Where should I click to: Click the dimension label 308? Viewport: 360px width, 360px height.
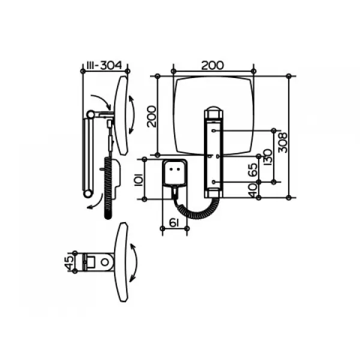283,143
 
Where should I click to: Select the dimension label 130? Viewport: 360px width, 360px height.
268,157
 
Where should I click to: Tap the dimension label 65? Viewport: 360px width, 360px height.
253,169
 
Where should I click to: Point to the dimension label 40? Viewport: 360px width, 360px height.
253,190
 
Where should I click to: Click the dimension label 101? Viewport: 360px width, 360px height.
139,179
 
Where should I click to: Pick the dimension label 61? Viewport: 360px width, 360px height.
175,223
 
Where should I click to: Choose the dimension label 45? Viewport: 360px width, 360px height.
70,262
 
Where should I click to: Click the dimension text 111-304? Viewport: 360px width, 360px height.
104,65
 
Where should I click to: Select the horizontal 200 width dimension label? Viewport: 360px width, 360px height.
212,65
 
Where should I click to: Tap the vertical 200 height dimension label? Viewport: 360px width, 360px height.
152,116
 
